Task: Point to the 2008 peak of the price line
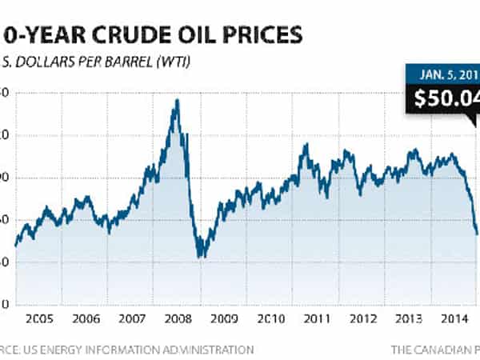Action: click(177, 100)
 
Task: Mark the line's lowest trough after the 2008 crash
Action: click(201, 257)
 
